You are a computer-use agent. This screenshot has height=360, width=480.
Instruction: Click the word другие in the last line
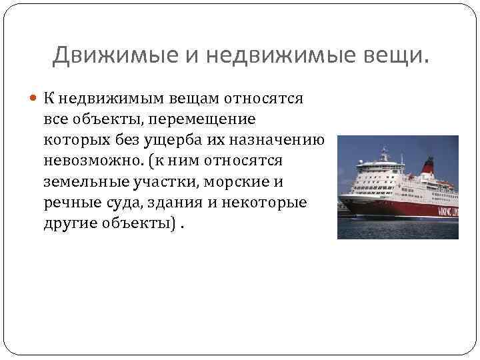tap(69, 223)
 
